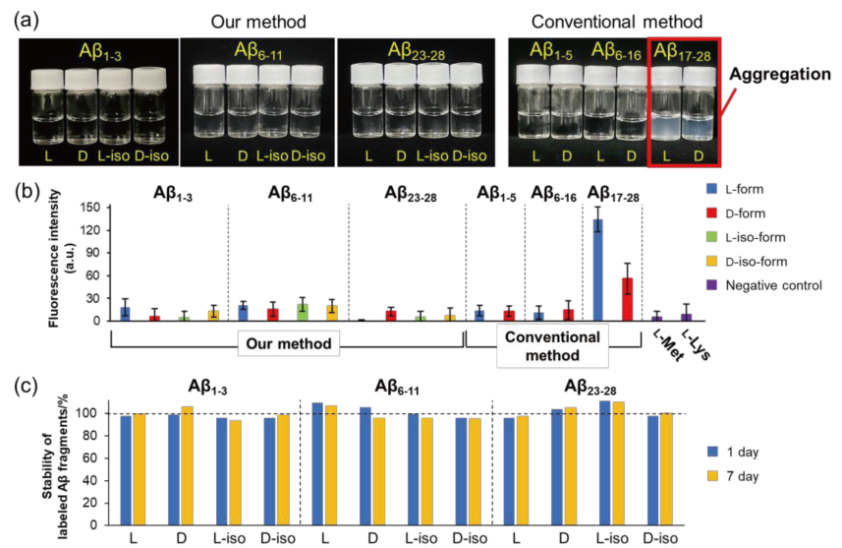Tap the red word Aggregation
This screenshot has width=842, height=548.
[x=778, y=75]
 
